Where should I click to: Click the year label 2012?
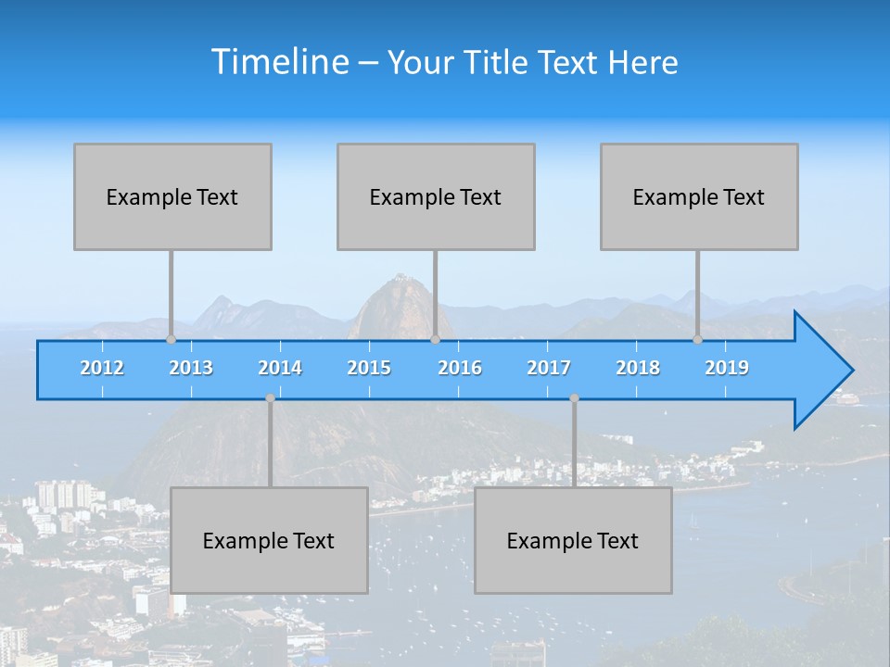(x=102, y=368)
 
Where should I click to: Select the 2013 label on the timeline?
(x=191, y=368)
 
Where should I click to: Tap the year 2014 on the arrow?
(x=280, y=368)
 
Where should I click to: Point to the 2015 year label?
(x=369, y=368)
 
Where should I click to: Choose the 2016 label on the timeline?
(x=460, y=368)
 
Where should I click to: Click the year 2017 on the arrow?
(x=549, y=368)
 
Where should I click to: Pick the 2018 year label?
(x=638, y=368)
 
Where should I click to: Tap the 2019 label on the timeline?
(x=727, y=368)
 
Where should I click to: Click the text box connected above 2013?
(x=172, y=196)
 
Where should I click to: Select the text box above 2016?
(x=436, y=196)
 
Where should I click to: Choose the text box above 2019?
(x=699, y=196)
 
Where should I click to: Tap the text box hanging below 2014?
(x=269, y=540)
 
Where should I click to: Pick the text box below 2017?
(x=573, y=540)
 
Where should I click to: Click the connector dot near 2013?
(x=171, y=339)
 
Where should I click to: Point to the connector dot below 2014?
(x=270, y=398)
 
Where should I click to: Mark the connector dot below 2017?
(x=574, y=398)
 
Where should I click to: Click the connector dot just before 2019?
(x=698, y=339)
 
